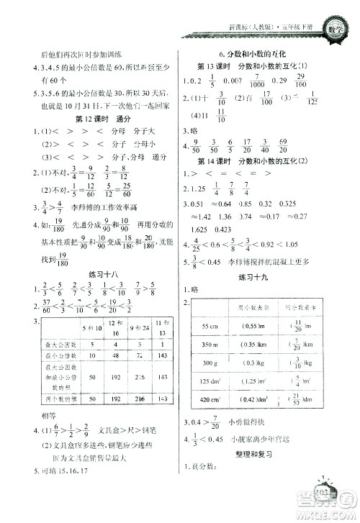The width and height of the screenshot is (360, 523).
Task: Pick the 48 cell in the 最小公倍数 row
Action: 116,356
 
